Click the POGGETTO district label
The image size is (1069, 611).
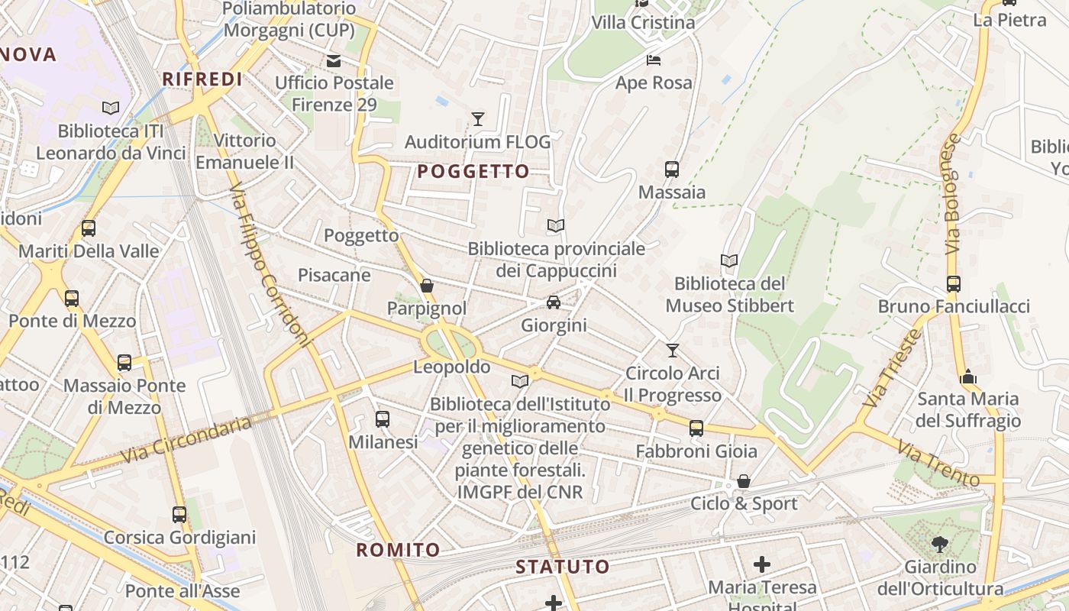(x=473, y=172)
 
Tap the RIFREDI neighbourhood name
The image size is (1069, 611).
(x=202, y=79)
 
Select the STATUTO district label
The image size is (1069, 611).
(x=563, y=567)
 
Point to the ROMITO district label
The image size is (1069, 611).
(x=399, y=550)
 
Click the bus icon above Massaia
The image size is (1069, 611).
(x=672, y=170)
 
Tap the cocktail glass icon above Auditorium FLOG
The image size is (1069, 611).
(x=478, y=119)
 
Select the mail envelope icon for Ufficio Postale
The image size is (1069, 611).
(x=334, y=60)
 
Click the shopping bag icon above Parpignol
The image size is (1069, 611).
(x=427, y=286)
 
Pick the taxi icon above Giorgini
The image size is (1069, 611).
(x=554, y=302)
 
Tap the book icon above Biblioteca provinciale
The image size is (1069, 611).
(x=556, y=225)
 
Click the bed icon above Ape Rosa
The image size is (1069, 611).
(x=654, y=60)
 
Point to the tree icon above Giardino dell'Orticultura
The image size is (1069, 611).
(x=939, y=545)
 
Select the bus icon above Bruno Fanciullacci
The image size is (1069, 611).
(x=953, y=284)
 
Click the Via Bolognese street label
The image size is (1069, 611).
(x=952, y=194)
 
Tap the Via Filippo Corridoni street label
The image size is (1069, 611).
(x=270, y=263)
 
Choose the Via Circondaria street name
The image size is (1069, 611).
(x=186, y=440)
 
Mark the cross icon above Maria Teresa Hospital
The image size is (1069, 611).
(x=761, y=564)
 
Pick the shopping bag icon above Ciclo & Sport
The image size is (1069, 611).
(x=743, y=481)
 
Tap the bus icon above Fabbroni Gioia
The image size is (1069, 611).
(x=696, y=428)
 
